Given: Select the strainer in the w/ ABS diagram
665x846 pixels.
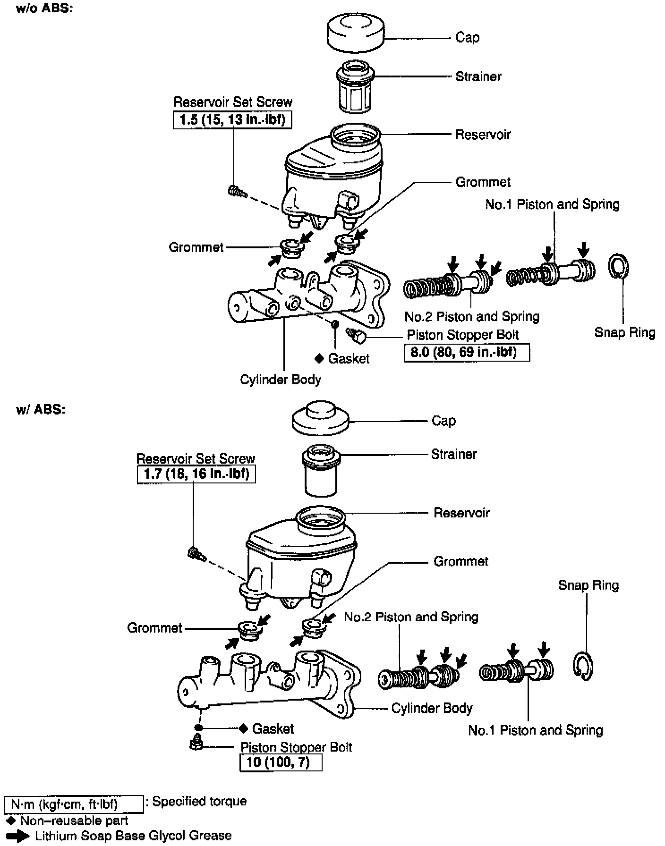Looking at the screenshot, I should click(x=321, y=471).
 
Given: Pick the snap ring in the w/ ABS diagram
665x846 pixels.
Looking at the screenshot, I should click(x=584, y=667).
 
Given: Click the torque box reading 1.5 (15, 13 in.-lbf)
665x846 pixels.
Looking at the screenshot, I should click(x=232, y=120).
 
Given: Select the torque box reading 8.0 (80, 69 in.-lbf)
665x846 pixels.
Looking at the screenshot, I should click(x=467, y=353).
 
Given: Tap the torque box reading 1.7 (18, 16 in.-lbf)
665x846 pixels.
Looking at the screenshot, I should click(x=196, y=474).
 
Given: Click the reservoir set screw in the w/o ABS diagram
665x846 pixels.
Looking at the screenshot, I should click(x=237, y=191).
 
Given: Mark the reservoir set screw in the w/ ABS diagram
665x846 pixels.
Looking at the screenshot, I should click(x=196, y=553).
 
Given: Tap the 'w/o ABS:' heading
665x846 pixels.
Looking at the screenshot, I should click(x=44, y=9).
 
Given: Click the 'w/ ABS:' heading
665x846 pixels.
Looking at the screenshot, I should click(x=41, y=409).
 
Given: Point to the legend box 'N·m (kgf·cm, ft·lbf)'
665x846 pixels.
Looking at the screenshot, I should click(x=73, y=804).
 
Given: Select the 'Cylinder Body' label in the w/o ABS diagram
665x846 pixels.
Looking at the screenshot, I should click(x=281, y=380).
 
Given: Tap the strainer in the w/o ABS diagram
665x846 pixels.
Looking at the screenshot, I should click(x=355, y=88).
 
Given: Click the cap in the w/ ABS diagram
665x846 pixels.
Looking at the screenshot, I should click(x=321, y=419).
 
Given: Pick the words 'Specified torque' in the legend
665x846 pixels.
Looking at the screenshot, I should click(x=199, y=801).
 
